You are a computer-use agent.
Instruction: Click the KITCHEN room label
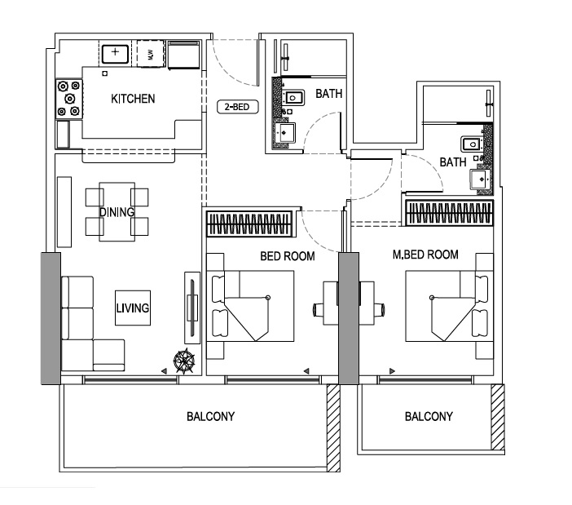tap(133, 99)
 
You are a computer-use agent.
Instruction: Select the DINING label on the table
tap(117, 212)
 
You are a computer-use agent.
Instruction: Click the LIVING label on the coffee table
tap(132, 308)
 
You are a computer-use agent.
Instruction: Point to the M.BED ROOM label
tap(425, 255)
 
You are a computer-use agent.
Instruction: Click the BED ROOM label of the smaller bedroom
tap(287, 256)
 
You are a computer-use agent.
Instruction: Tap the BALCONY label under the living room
tap(210, 416)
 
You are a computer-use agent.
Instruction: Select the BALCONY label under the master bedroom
tap(429, 416)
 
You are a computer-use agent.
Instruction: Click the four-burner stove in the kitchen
tap(68, 98)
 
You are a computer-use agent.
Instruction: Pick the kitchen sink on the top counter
tap(115, 54)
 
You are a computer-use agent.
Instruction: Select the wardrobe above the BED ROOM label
tap(249, 221)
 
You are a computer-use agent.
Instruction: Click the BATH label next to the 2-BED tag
tap(329, 94)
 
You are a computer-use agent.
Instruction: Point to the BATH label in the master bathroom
tap(452, 162)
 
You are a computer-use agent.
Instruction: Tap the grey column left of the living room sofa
tap(50, 318)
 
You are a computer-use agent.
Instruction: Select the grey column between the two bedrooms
tap(348, 318)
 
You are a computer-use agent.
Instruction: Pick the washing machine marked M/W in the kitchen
tap(150, 54)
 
